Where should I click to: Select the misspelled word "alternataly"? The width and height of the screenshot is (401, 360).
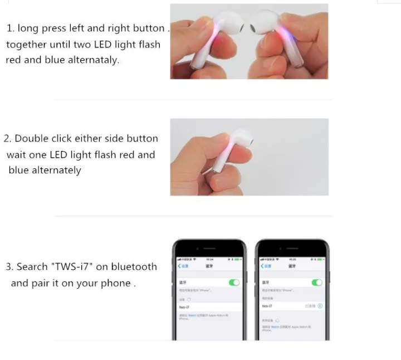click(x=91, y=60)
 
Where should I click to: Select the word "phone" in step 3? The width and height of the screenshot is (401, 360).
click(x=115, y=283)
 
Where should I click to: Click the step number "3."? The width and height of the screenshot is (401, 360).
click(x=9, y=267)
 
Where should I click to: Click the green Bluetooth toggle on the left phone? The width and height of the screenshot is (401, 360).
click(x=234, y=283)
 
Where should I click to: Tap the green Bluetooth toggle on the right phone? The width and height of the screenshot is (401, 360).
click(x=317, y=283)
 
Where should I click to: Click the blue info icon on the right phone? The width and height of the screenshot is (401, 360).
click(x=320, y=306)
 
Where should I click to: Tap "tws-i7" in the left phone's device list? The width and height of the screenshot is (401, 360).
click(x=185, y=307)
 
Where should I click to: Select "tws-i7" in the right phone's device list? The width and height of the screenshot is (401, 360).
click(x=267, y=306)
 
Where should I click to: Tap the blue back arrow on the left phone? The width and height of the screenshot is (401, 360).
click(x=179, y=266)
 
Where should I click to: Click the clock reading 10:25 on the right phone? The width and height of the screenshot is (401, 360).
click(x=292, y=260)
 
